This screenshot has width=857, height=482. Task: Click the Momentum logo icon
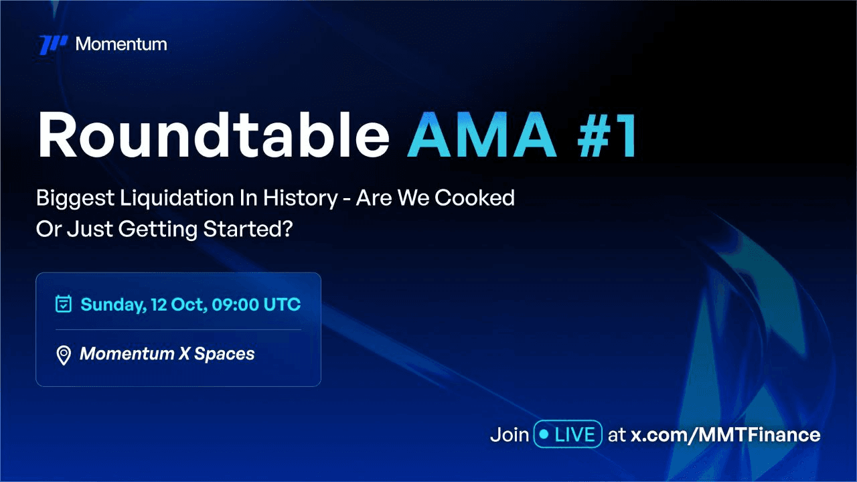(x=54, y=44)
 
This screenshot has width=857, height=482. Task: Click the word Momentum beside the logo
(x=121, y=44)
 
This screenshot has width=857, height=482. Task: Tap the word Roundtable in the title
(x=213, y=135)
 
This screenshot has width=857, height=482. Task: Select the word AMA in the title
(x=481, y=135)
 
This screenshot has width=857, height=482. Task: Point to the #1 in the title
(x=607, y=135)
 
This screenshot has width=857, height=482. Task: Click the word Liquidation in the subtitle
(x=177, y=198)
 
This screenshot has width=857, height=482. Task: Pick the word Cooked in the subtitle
(x=475, y=197)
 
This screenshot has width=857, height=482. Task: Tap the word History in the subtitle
(x=301, y=199)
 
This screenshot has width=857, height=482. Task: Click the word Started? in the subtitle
(x=248, y=229)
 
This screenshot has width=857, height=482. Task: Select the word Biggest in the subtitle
(x=75, y=199)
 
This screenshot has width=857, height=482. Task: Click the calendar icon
(x=64, y=304)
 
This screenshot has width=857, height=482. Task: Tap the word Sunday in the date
(x=113, y=305)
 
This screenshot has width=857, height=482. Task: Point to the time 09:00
(x=235, y=305)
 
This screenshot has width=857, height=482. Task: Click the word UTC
(x=282, y=305)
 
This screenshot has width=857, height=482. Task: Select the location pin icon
(x=64, y=355)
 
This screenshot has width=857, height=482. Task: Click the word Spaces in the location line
(x=224, y=354)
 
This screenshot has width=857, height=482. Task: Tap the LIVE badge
(x=568, y=434)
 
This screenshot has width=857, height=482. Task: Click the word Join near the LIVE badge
(x=510, y=434)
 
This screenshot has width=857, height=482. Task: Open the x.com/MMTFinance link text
(x=725, y=435)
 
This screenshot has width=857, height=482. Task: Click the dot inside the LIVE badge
(x=544, y=434)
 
